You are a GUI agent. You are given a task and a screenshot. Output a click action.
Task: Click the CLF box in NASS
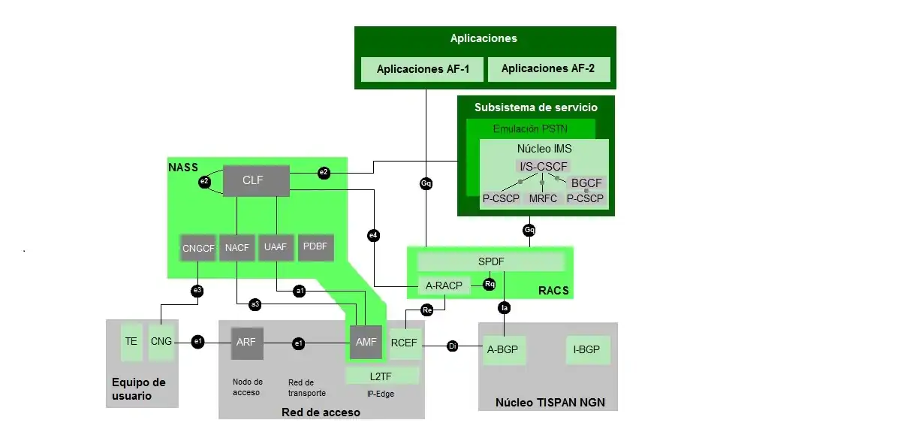click(x=256, y=180)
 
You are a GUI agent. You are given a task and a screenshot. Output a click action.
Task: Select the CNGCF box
click(x=198, y=248)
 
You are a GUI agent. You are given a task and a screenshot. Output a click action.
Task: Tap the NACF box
click(x=237, y=248)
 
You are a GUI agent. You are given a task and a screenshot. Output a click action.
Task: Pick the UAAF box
click(x=276, y=248)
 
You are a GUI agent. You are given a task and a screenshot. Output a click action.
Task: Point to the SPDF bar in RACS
click(x=491, y=261)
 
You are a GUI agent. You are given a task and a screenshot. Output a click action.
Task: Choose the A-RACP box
click(x=444, y=285)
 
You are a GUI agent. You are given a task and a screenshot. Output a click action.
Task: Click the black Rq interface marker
click(x=490, y=285)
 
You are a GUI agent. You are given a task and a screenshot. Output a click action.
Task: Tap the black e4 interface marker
click(x=373, y=236)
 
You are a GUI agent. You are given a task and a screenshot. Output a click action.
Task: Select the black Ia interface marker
click(x=505, y=307)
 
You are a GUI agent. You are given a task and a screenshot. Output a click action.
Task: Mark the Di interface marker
click(x=453, y=346)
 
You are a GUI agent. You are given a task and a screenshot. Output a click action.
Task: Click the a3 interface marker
click(x=255, y=304)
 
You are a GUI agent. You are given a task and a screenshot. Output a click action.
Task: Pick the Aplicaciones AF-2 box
click(x=548, y=69)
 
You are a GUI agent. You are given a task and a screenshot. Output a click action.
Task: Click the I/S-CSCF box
click(x=544, y=166)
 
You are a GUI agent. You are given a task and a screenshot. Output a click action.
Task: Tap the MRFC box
click(x=543, y=199)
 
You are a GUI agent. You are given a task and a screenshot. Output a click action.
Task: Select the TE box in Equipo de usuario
click(x=131, y=342)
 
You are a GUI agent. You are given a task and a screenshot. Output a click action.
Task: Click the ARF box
click(x=246, y=343)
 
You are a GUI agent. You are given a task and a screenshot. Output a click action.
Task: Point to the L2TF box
click(x=382, y=375)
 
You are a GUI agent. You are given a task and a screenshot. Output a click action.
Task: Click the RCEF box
click(x=405, y=343)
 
